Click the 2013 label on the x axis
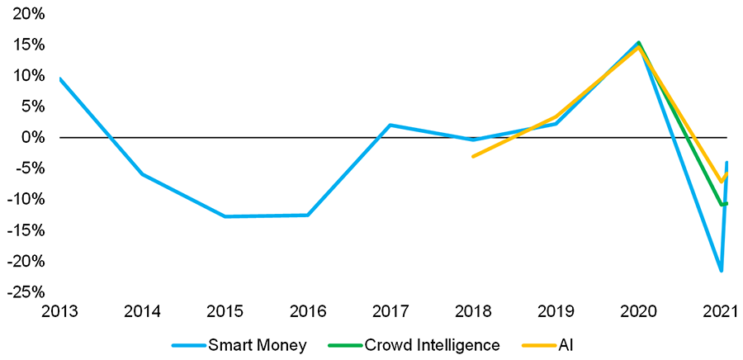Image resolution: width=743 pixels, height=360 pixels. (59, 312)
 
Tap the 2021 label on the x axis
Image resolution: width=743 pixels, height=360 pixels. (720, 312)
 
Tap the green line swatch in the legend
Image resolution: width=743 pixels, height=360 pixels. (344, 345)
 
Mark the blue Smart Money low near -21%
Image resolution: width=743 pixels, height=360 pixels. (721, 270)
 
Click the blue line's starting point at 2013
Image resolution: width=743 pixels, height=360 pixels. (59, 78)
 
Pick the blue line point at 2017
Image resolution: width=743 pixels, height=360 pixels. (390, 125)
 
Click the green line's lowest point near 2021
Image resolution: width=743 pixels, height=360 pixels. (722, 204)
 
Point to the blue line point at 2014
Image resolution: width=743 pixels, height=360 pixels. (142, 174)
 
